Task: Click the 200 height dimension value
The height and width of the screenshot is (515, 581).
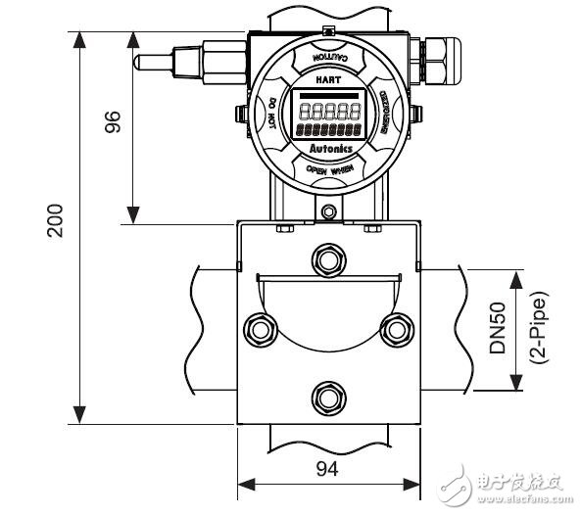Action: click(56, 221)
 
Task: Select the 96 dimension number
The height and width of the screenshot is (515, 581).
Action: click(112, 122)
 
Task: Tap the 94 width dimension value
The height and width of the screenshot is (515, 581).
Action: click(327, 470)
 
